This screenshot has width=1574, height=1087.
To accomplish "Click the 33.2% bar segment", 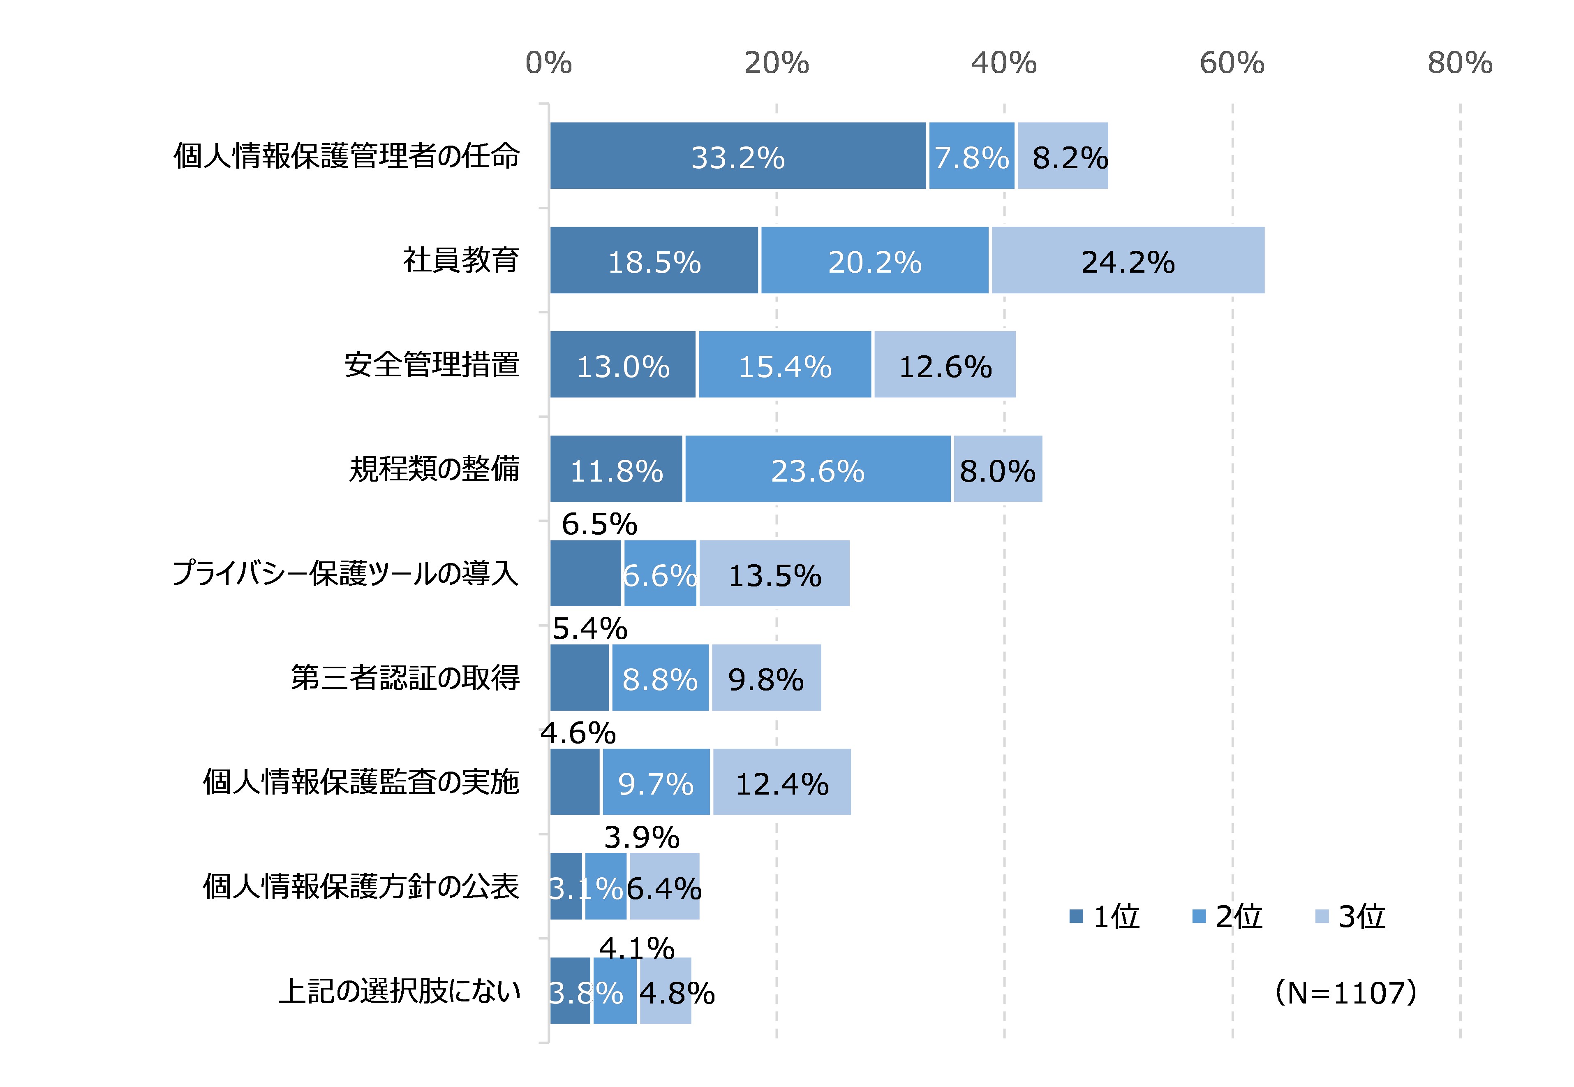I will coord(738,156).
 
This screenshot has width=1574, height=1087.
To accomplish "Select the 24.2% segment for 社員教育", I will coord(1128,261).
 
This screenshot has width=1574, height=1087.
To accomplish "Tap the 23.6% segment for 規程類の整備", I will coord(818,469).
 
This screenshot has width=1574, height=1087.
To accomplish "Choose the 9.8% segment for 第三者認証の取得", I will coord(766,678).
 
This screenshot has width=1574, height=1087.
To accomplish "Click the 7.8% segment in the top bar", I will coord(971,156).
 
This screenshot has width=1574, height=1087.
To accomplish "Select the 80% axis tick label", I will coord(1460,63).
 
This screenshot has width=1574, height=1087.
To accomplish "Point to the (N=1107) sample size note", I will coord(1346,993).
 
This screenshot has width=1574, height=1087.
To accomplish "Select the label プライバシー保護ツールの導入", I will coord(345,573).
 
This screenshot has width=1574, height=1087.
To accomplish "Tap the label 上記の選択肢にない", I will coord(400,991).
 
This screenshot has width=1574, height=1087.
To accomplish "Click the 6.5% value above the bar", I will coord(599,524).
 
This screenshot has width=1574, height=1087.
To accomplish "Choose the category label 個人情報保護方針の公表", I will coord(361,887).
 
